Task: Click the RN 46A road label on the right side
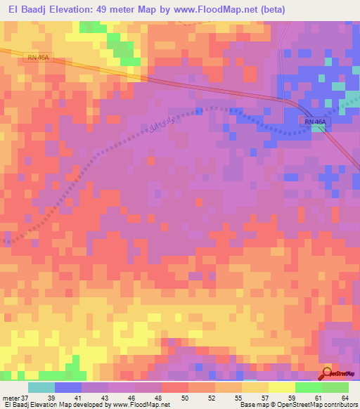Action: [316, 122]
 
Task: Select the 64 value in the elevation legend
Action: [345, 397]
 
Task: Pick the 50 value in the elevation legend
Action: [184, 397]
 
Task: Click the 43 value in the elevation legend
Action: [105, 397]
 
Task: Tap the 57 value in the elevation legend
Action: [264, 397]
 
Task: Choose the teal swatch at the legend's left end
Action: [41, 387]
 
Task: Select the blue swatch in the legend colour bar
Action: [68, 387]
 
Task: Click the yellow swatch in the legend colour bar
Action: [255, 387]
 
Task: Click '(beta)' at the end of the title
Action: [339, 11]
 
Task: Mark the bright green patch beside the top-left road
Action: [123, 51]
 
